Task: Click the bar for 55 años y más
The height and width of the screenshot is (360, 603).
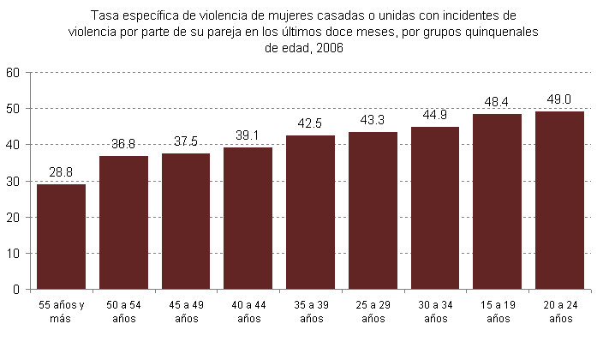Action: (61, 237)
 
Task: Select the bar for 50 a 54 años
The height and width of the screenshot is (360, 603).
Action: (123, 223)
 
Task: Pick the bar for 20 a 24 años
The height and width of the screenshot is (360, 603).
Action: (559, 201)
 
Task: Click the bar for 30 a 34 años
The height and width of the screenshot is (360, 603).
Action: (435, 208)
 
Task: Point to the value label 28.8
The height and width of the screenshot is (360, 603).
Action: (61, 173)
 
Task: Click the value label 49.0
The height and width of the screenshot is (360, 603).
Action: (559, 100)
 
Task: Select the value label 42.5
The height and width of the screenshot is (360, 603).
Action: (310, 124)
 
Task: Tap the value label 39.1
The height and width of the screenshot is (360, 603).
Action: (248, 136)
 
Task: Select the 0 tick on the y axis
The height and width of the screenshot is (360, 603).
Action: (15, 290)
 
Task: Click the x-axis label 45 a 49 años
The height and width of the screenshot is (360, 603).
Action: (186, 312)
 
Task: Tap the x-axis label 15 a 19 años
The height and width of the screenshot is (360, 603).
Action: (497, 312)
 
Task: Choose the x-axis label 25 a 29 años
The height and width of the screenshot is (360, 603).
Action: (373, 312)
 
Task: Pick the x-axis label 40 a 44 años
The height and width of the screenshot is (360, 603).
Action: (248, 312)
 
